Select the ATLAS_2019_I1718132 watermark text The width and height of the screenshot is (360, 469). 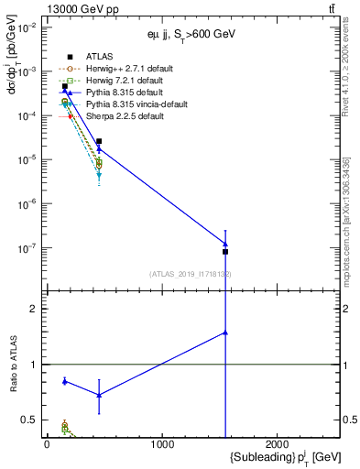tap(191, 274)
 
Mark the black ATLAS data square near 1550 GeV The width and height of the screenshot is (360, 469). tap(225, 251)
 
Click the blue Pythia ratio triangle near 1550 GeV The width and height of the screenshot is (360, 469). tap(225, 333)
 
